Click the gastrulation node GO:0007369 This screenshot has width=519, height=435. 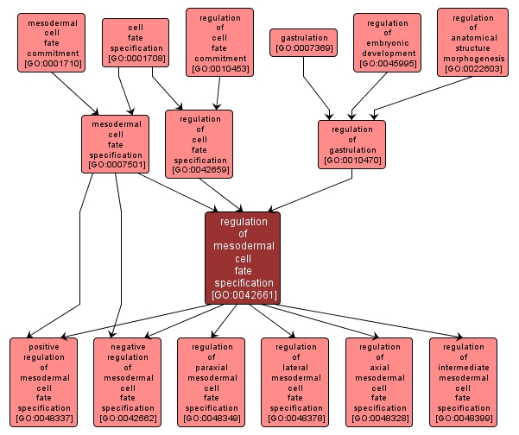(303, 42)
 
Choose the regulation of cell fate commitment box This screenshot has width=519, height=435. (219, 42)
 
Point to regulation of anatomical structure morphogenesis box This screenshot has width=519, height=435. (472, 42)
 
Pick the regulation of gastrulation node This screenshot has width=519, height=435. (351, 144)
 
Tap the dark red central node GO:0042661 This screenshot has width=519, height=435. (244, 257)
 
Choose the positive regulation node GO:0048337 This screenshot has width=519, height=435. (44, 381)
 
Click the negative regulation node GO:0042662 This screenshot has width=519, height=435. (128, 381)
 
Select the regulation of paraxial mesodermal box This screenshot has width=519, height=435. (212, 381)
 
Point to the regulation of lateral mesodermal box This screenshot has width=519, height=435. (295, 381)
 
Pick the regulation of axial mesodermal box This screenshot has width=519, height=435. (379, 381)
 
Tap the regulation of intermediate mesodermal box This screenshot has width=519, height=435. (463, 381)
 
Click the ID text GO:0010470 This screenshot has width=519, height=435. (351, 161)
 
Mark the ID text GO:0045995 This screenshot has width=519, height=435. (387, 64)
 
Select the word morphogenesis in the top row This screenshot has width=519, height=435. (472, 58)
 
